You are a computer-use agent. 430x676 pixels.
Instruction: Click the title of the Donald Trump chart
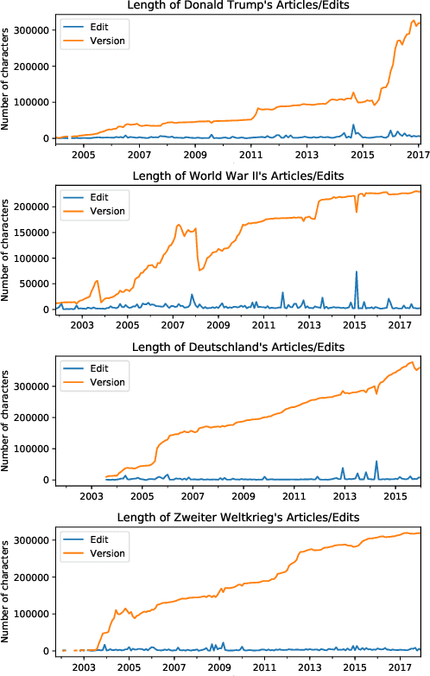pos(242,7)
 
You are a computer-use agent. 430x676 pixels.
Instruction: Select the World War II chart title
pos(242,177)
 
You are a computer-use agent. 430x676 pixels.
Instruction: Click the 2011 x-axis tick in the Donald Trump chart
pos(251,155)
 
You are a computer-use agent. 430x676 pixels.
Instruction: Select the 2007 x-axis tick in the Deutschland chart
pos(193,496)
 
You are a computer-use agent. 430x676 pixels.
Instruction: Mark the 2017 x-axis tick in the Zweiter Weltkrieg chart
pos(400,667)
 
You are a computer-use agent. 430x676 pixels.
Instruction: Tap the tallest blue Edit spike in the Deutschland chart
pos(376,462)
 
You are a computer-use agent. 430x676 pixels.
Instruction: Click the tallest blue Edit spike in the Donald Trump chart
pos(352,125)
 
